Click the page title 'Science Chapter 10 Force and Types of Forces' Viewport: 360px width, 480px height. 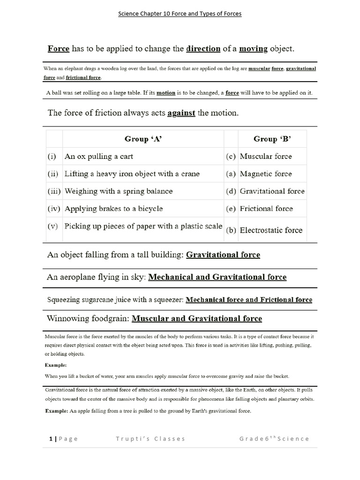180,14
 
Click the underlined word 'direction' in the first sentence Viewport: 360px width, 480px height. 203,48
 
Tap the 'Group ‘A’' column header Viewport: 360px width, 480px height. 143,139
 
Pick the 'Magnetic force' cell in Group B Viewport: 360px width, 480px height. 265,174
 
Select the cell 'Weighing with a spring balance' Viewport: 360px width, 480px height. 119,191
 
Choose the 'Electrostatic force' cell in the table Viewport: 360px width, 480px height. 271,230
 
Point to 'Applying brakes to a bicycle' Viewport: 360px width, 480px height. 114,209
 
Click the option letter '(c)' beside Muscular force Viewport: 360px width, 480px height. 231,157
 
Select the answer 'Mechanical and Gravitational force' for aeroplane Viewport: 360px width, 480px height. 217,277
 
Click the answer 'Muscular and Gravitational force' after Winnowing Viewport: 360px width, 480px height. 197,319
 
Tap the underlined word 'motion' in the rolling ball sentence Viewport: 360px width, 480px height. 165,93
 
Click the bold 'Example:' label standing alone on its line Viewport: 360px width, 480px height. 56,365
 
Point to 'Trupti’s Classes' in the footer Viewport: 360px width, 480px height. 150,439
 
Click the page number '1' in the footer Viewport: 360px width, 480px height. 50,439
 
